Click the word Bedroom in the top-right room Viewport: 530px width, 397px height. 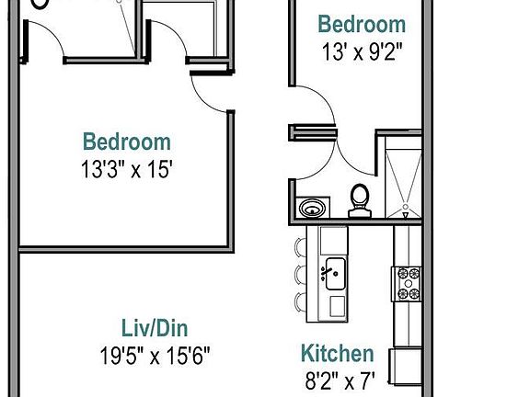click(361, 25)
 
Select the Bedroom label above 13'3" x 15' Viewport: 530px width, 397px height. click(127, 142)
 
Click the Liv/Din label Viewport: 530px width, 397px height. click(161, 328)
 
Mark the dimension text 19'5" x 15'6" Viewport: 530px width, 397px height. click(161, 355)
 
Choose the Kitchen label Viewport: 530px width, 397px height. click(338, 354)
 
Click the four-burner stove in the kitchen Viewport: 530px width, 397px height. click(407, 283)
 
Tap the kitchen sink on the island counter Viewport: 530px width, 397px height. click(334, 272)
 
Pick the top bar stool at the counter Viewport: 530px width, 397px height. click(301, 246)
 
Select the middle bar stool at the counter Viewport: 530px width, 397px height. click(301, 274)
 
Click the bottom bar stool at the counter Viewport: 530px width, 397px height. click(301, 301)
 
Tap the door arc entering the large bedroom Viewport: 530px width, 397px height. click(207, 92)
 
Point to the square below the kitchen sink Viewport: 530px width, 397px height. click(335, 305)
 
